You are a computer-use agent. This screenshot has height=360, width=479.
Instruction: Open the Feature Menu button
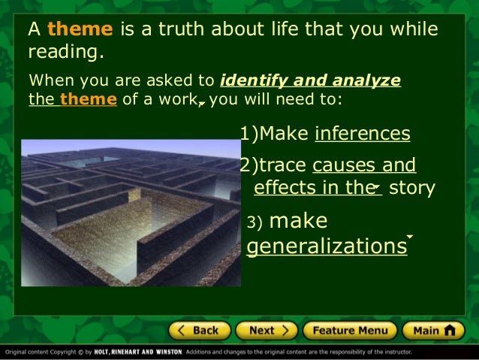click(x=349, y=330)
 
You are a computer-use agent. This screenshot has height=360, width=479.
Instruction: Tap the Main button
click(x=433, y=330)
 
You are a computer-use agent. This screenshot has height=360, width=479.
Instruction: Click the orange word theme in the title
click(x=80, y=29)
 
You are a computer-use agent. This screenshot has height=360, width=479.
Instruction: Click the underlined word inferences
click(x=363, y=134)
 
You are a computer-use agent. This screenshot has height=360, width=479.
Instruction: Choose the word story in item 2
click(x=412, y=187)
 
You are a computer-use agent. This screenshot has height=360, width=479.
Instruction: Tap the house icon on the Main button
click(x=450, y=330)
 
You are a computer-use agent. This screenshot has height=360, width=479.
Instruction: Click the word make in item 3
click(x=298, y=221)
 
